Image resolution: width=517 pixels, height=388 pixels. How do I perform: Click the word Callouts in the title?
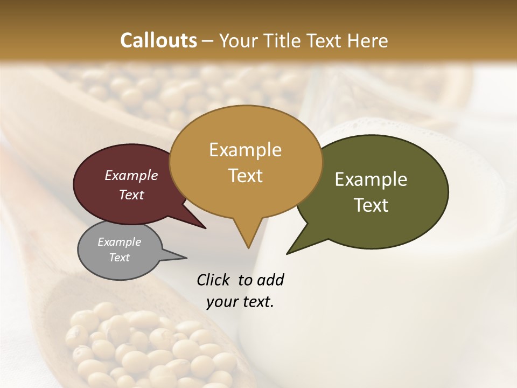158,40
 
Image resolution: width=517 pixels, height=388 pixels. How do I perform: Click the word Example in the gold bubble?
245,150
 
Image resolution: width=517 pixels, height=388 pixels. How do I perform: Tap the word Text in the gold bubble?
245,176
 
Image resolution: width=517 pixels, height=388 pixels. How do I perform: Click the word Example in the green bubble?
371,179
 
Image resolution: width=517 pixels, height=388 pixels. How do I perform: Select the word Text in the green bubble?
371,205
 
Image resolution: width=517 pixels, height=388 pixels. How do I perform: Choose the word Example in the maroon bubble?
131,175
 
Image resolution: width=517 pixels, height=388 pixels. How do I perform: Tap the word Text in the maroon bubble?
131,195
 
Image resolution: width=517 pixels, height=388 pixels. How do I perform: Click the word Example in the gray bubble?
119,242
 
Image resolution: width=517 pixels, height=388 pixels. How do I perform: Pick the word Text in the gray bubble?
119,258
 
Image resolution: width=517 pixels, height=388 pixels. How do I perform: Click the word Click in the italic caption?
214,280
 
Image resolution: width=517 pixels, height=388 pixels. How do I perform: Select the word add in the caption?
270,280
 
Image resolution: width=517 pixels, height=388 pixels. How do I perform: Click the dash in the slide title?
208,41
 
